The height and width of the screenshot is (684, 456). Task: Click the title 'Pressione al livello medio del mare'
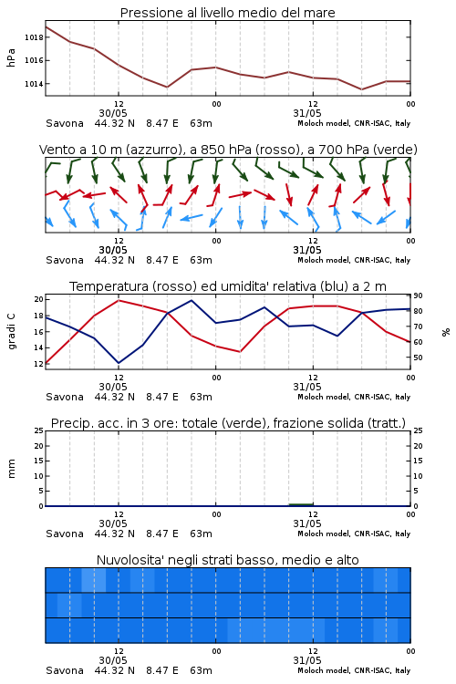pos(227,13)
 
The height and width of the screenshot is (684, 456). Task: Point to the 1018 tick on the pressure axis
pos(34,37)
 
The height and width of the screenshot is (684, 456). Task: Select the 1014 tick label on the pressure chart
pos(34,84)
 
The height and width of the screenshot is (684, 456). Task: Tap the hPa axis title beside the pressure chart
pos(11,57)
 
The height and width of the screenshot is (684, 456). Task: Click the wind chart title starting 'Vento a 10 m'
pos(228,150)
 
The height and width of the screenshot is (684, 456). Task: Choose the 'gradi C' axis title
pos(11,332)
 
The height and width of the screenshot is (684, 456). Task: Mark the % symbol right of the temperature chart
pos(446,332)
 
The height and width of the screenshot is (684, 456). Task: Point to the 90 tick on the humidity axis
pos(418,295)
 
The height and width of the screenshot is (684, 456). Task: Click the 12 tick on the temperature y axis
pos(39,364)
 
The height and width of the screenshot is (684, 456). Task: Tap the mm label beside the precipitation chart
pos(11,468)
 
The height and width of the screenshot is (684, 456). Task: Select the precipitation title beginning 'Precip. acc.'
pos(228,423)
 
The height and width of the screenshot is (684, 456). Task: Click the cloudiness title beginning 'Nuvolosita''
pos(227,560)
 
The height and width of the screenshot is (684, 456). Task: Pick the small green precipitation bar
pos(301,504)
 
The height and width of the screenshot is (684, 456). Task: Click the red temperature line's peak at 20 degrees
pos(119,300)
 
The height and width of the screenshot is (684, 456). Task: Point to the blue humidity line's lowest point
pos(119,363)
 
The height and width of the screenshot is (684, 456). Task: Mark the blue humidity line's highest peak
pos(192,300)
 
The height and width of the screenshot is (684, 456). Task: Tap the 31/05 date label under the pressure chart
pos(307,113)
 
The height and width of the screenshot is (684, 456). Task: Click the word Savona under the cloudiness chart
pos(65,670)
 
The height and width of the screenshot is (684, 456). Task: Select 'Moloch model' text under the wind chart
pos(324,260)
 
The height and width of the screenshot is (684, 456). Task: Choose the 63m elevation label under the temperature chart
pos(202,397)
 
